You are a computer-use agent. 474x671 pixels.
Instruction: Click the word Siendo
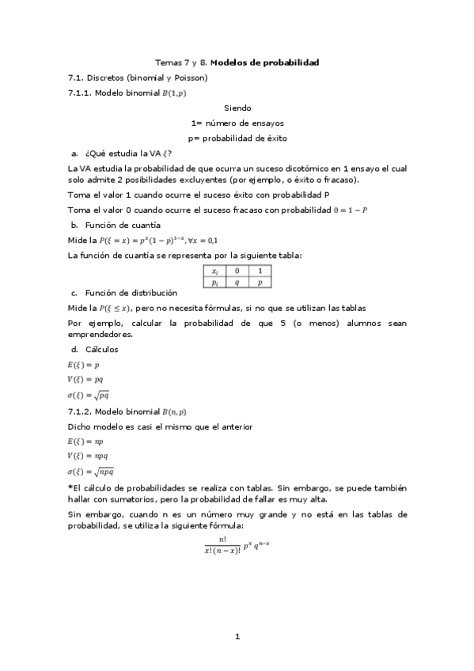tap(237, 108)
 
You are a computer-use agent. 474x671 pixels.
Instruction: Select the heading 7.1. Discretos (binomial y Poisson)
tap(138, 78)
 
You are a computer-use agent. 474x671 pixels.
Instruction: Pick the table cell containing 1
tap(260, 271)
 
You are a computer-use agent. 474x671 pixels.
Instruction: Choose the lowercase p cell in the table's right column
tap(260, 282)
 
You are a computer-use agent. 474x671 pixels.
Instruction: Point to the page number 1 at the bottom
tap(237, 635)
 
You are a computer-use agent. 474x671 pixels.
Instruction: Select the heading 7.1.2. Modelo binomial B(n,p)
tap(128, 411)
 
